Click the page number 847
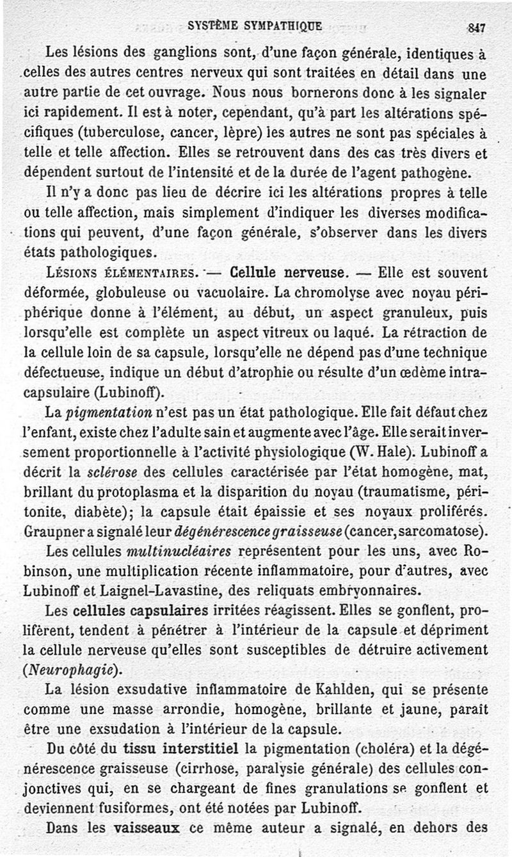[477, 28]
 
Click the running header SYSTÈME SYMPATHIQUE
[255, 26]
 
